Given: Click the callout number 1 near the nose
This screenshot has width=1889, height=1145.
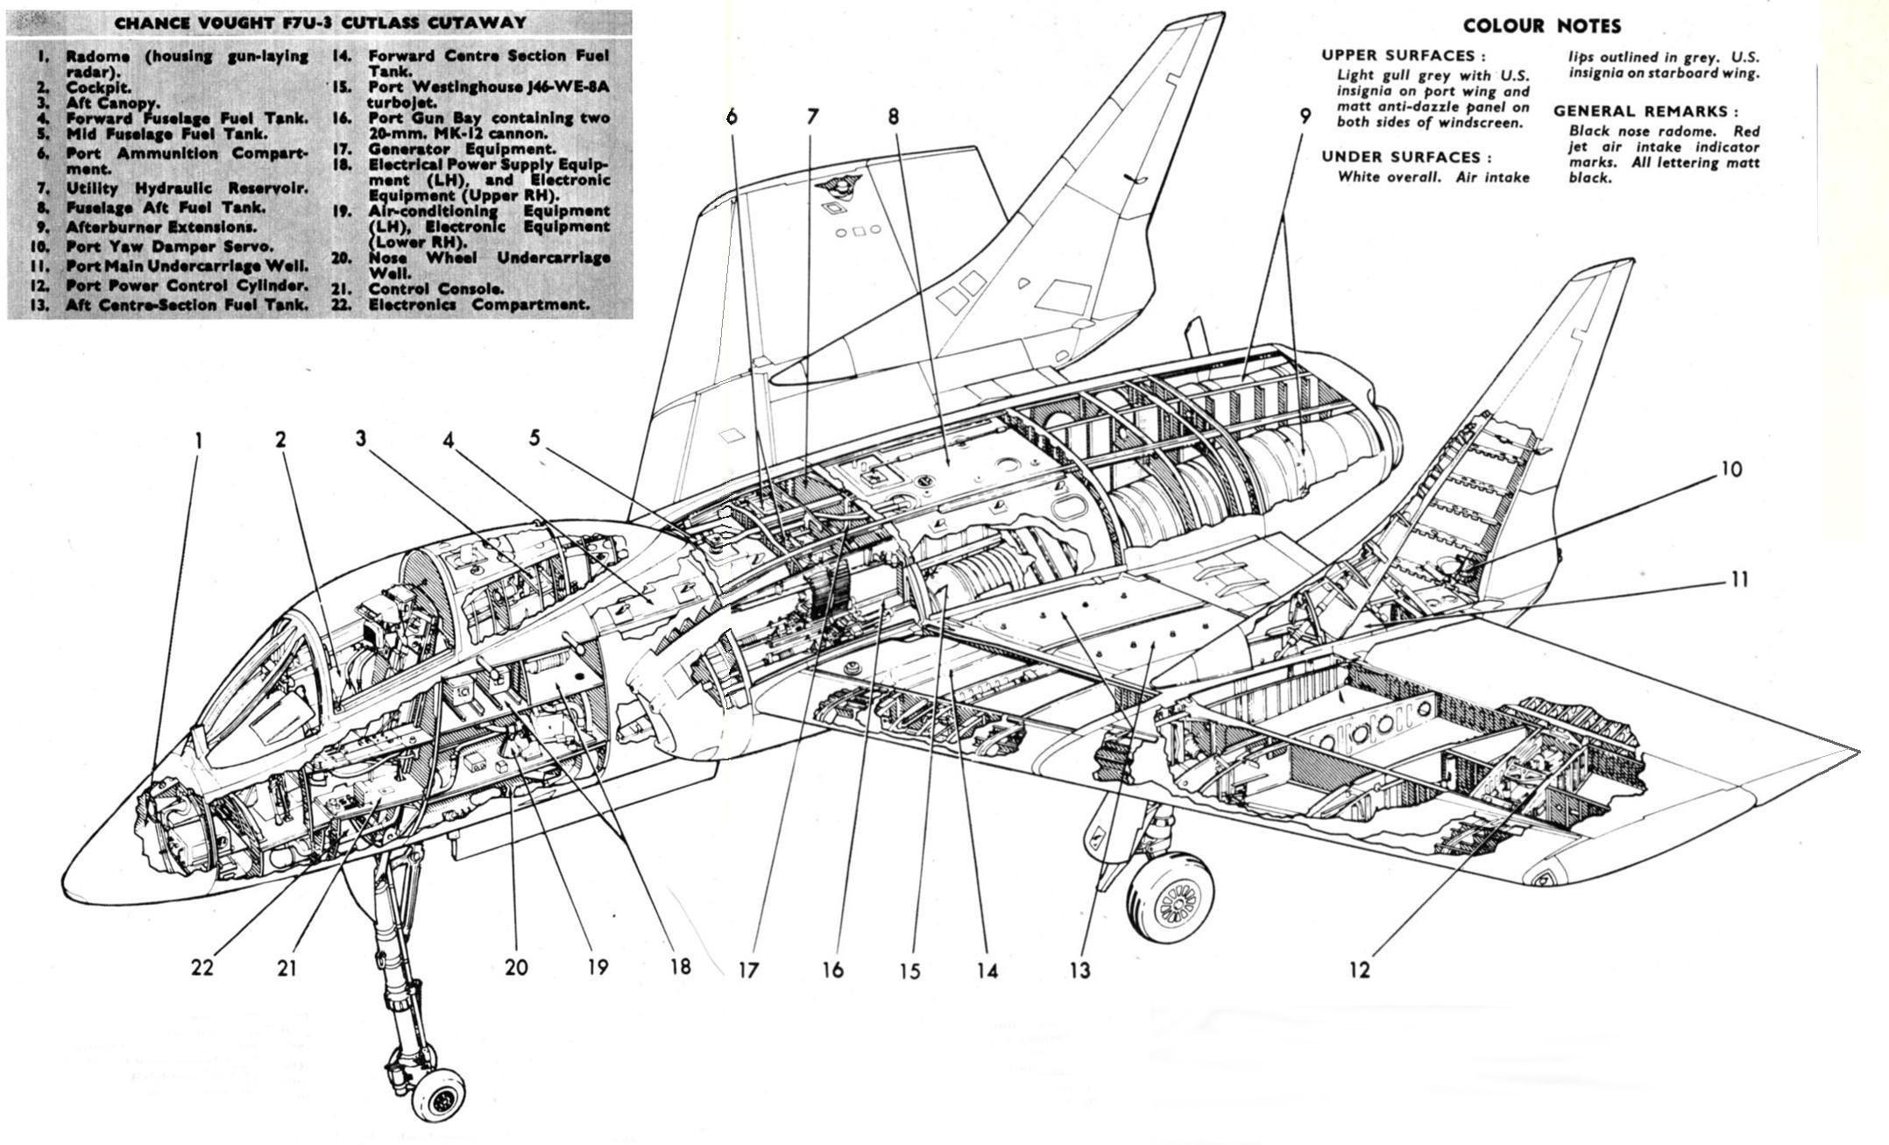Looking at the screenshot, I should click(199, 440).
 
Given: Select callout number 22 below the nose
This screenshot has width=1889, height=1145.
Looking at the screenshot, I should click(202, 968).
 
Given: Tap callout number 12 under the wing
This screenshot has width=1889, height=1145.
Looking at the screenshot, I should click(1359, 970).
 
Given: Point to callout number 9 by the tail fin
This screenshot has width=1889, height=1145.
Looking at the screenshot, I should click(1305, 117).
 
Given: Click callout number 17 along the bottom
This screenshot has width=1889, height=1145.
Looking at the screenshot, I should click(747, 970).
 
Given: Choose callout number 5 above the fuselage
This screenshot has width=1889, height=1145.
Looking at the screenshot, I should click(534, 437).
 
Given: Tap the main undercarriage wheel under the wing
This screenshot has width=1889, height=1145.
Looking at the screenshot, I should click(1171, 898).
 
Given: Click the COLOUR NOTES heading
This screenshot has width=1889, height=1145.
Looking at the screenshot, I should click(1541, 25).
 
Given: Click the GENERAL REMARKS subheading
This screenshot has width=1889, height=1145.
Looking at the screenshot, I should click(1645, 111).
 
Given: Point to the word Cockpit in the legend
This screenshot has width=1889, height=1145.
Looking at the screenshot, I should click(98, 88).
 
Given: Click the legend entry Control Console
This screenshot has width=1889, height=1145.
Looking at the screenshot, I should click(435, 288).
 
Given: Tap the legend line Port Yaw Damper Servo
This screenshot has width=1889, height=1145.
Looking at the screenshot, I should click(169, 246).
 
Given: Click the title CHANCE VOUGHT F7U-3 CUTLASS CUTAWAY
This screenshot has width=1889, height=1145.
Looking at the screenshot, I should click(320, 22).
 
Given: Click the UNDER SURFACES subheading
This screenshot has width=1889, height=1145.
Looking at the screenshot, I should click(1406, 157).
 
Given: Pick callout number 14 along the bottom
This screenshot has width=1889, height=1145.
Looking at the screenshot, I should click(987, 970).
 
